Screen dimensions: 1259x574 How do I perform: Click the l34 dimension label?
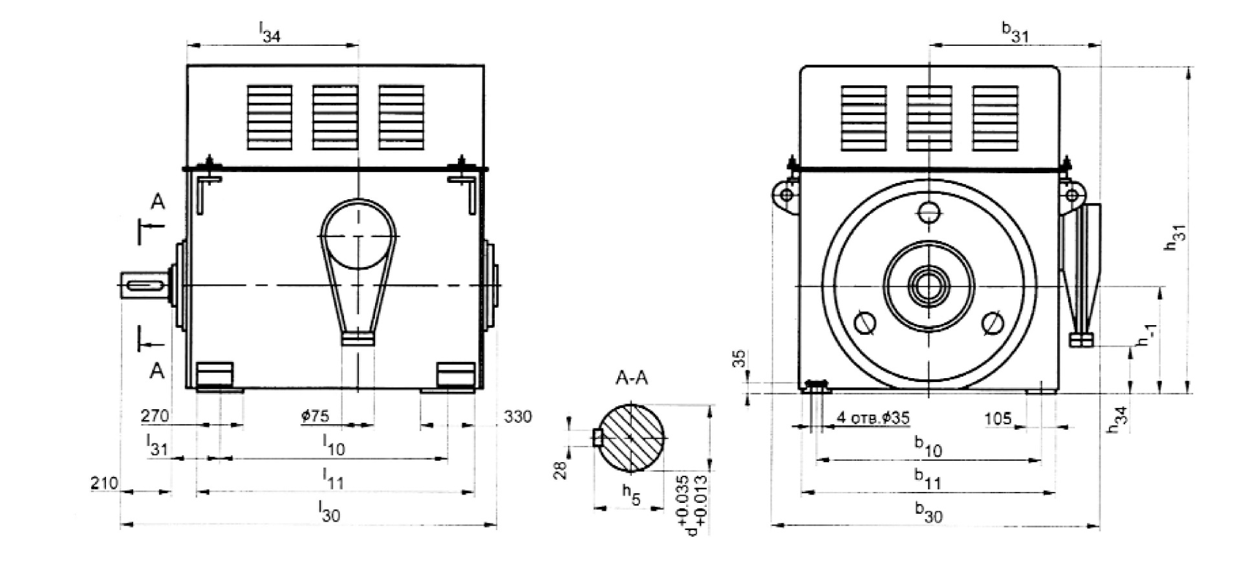pyautogui.click(x=270, y=32)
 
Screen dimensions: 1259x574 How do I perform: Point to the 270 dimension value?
pyautogui.click(x=155, y=416)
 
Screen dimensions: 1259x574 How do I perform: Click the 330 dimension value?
pyautogui.click(x=517, y=417)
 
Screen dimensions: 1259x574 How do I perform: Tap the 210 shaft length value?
pyautogui.click(x=105, y=483)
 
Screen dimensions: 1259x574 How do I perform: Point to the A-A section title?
pyautogui.click(x=630, y=378)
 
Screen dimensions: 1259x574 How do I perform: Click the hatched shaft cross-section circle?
pyautogui.click(x=631, y=438)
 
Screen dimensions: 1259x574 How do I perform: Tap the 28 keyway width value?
pyautogui.click(x=561, y=470)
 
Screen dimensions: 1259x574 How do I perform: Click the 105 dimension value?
pyautogui.click(x=998, y=419)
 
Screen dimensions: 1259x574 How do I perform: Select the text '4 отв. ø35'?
pyautogui.click(x=873, y=418)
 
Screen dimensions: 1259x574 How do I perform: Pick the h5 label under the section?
pyautogui.click(x=631, y=494)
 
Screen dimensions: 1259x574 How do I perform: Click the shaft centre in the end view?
pyautogui.click(x=929, y=286)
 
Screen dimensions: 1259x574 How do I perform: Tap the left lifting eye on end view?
pyautogui.click(x=785, y=196)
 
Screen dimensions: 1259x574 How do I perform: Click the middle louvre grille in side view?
pyautogui.click(x=335, y=118)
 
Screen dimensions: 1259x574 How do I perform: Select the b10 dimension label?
pyautogui.click(x=928, y=445)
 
